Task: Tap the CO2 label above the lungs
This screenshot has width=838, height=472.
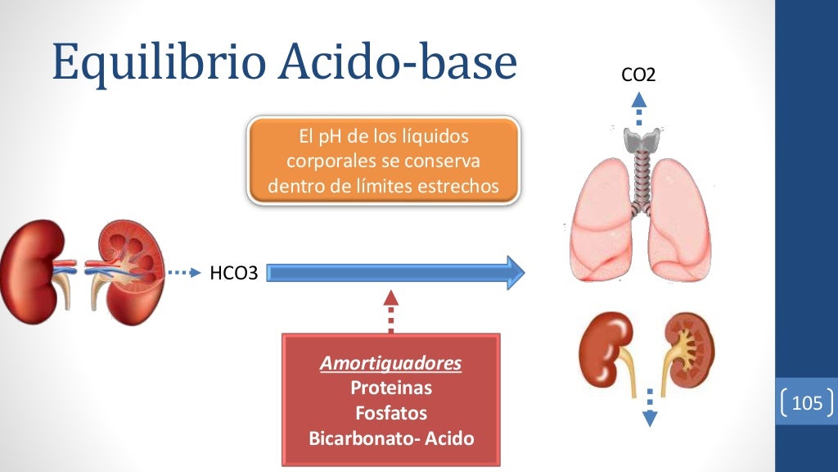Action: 638,76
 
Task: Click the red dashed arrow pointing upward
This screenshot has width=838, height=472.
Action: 391,311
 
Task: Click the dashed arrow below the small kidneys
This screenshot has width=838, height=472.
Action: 650,407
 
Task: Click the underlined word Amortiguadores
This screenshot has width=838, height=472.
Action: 390,362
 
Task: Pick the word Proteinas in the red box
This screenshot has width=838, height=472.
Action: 390,388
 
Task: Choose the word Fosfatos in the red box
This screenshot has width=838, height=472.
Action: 390,413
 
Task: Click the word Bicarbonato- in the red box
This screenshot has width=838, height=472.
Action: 359,438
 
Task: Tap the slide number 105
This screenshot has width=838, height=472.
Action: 807,403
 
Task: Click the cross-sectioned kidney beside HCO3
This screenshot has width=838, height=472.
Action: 123,266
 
